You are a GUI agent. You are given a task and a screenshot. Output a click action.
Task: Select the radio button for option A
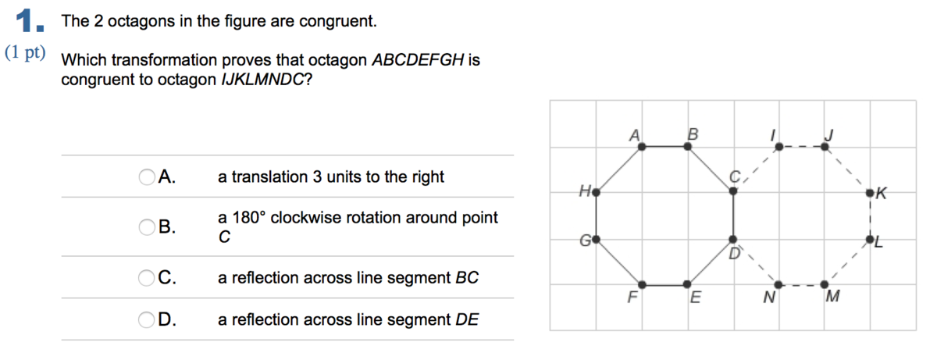click(147, 176)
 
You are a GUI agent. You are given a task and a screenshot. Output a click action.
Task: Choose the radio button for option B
click(147, 227)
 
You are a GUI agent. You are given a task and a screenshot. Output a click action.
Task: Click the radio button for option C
click(147, 278)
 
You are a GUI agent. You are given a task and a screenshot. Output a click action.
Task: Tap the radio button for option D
click(147, 320)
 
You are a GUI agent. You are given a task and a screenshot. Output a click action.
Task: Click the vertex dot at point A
click(642, 147)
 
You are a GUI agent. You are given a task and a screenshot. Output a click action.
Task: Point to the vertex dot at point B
click(688, 146)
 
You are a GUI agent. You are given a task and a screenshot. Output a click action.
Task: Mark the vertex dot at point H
click(596, 193)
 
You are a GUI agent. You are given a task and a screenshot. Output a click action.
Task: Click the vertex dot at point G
click(596, 240)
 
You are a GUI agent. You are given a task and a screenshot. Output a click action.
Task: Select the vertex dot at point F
click(643, 285)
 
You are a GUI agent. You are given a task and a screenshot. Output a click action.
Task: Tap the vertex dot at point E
click(687, 284)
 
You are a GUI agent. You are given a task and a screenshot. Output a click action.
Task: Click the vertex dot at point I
click(779, 147)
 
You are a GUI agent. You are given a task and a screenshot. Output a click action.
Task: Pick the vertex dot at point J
click(825, 147)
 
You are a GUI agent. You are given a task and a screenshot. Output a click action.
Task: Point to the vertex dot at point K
click(870, 193)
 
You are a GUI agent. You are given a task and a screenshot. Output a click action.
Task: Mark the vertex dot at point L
click(870, 240)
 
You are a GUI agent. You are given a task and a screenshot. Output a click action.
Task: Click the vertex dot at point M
click(825, 285)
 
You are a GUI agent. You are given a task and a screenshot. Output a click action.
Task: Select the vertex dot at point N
click(778, 285)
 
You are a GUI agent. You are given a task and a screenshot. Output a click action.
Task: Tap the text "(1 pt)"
click(25, 52)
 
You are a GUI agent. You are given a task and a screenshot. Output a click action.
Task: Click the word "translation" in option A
click(269, 176)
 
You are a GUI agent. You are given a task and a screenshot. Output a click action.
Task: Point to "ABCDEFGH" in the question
click(418, 60)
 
